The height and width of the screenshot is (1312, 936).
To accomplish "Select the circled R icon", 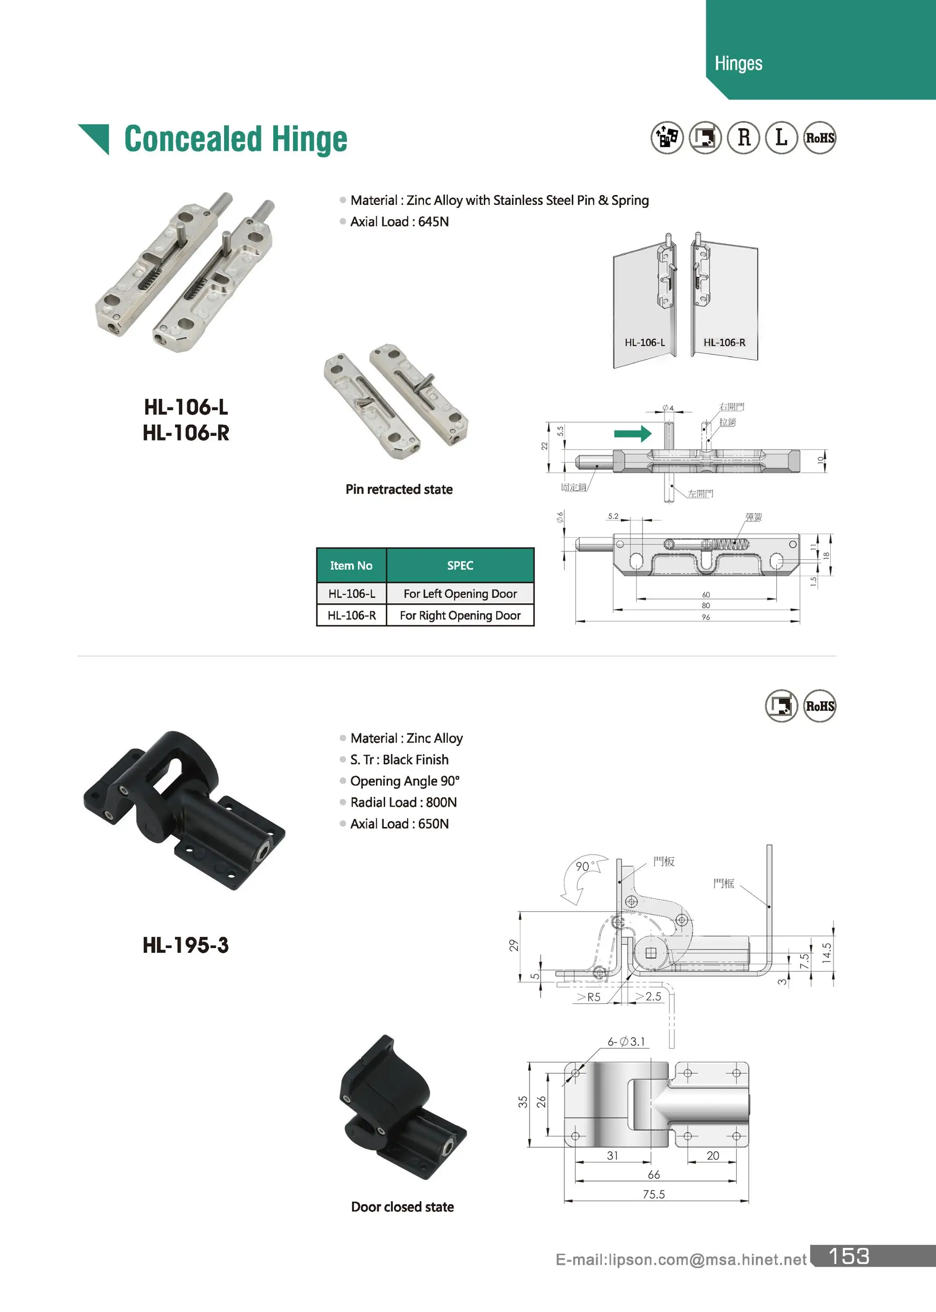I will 744,138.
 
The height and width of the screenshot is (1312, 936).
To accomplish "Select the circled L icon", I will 781,138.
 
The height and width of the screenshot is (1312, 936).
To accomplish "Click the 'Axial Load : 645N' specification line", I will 399,222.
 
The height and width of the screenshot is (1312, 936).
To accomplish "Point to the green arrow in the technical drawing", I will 632,434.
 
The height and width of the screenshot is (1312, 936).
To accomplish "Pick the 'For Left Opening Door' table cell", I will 460,593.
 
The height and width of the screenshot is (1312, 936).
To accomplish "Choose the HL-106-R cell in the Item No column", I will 351,615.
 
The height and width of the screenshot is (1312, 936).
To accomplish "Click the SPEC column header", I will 460,565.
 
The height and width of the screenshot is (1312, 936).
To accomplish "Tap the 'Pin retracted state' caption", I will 399,489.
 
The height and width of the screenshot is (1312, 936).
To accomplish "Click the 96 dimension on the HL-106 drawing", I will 705,617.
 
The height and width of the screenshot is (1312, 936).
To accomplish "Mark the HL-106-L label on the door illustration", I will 644,342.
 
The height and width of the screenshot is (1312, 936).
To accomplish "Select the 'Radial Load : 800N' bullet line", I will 403,802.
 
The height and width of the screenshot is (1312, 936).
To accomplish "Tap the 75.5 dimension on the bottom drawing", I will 654,1194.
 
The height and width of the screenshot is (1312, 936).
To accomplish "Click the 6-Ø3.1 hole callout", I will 626,1041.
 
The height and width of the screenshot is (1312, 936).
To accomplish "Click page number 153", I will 848,1256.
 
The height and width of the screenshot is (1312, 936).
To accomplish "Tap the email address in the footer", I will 680,1260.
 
